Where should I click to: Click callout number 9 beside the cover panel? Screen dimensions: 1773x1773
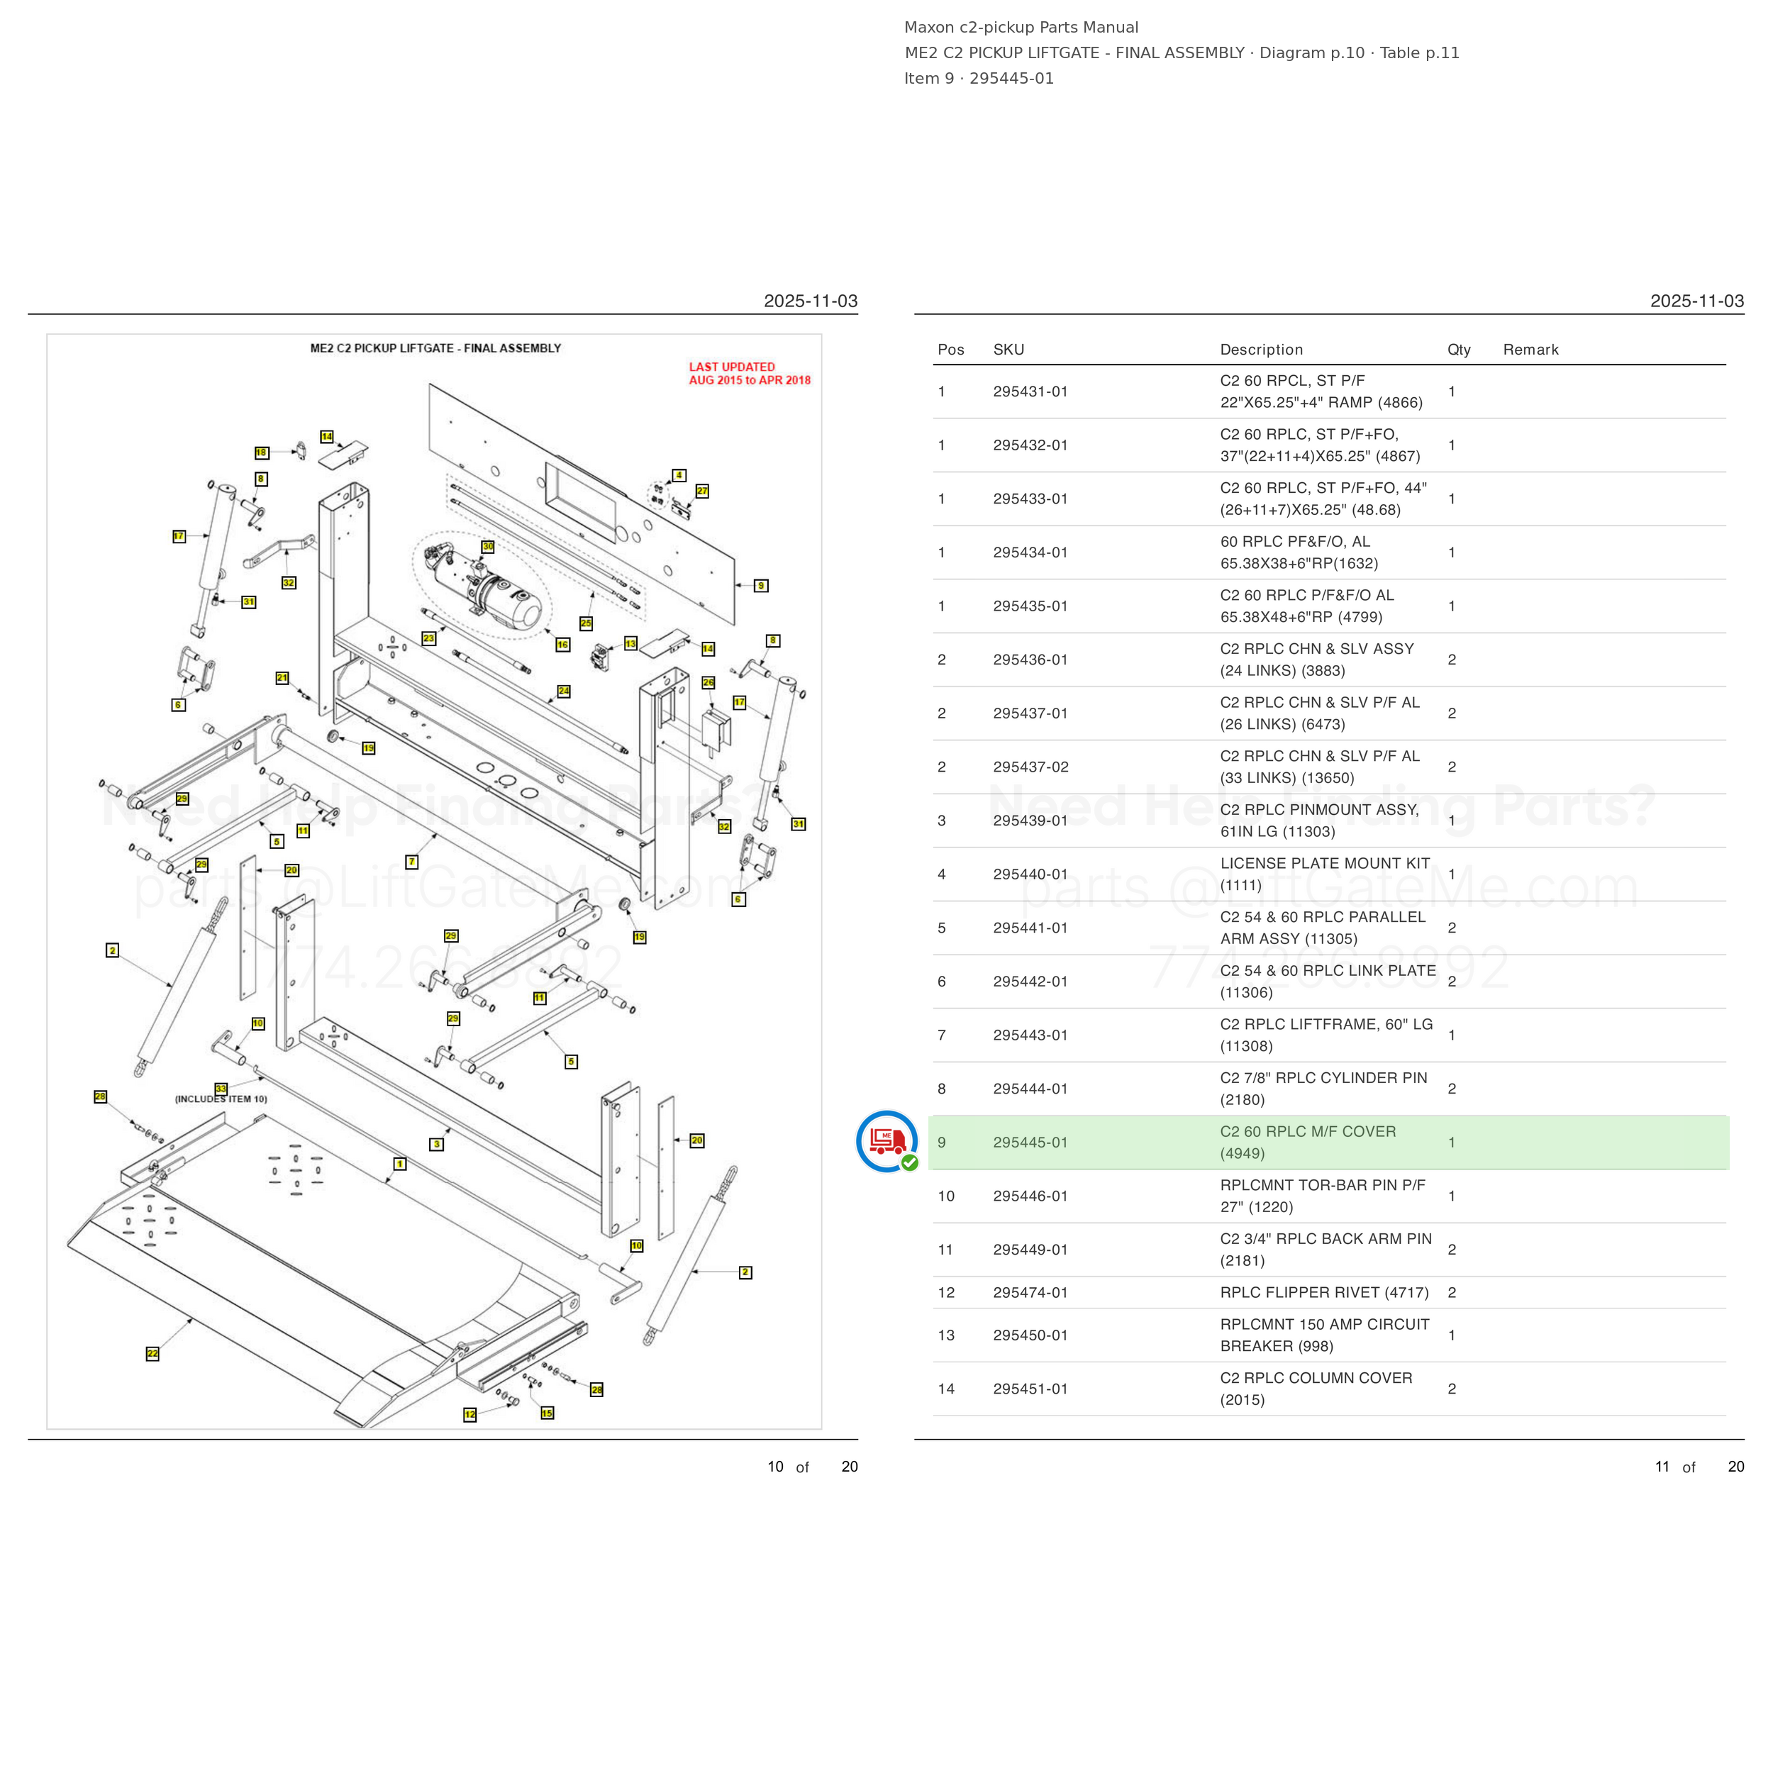[761, 586]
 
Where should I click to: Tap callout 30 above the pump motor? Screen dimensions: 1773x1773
[488, 546]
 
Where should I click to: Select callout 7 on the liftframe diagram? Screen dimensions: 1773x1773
[412, 862]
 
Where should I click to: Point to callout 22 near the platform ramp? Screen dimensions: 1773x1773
[152, 1352]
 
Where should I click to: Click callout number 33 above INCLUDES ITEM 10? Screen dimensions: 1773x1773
[221, 1089]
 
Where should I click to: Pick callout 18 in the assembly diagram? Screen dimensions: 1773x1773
[262, 452]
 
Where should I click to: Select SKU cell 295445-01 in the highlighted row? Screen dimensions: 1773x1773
[1030, 1143]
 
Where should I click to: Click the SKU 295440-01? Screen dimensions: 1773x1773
[1030, 874]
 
